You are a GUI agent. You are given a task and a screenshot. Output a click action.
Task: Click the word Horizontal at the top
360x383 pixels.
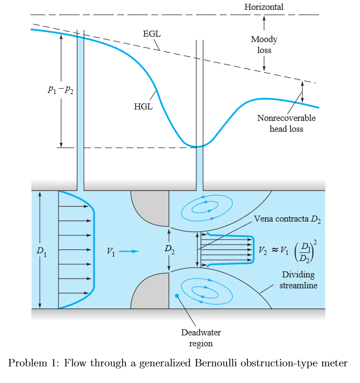(264, 7)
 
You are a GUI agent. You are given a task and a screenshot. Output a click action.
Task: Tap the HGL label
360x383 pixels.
(143, 106)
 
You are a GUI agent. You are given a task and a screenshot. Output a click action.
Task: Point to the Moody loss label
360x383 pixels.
(264, 44)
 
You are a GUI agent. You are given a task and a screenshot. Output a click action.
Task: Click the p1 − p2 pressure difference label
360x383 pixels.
(60, 91)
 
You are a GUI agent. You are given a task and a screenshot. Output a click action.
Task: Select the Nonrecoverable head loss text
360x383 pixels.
(286, 124)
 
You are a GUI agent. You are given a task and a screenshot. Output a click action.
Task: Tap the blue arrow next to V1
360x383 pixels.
(129, 251)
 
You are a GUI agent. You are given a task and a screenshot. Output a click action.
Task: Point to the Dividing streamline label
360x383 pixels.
(298, 280)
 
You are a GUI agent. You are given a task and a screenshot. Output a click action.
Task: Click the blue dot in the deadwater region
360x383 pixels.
(177, 296)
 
